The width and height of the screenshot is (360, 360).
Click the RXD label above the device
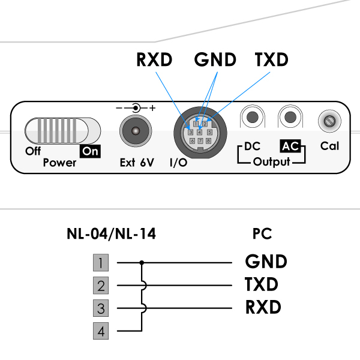(x=154, y=60)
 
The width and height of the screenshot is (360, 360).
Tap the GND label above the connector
(x=216, y=60)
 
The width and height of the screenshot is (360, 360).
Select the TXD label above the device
(x=271, y=60)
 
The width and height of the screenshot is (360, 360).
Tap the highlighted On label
(x=90, y=151)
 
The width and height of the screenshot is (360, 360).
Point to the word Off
(x=33, y=151)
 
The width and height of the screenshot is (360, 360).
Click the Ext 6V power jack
(x=136, y=131)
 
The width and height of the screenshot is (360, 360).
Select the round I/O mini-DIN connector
(x=199, y=132)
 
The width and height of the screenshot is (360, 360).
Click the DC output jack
(x=253, y=117)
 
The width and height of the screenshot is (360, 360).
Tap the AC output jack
(x=291, y=117)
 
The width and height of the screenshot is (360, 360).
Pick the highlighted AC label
(x=290, y=146)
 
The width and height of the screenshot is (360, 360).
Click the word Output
(x=271, y=162)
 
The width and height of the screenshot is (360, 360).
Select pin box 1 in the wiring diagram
(x=101, y=263)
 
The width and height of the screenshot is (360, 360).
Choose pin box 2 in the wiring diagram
(x=101, y=285)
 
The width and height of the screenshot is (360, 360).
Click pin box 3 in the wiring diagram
(x=101, y=308)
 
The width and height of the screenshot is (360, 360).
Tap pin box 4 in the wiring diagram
(x=101, y=331)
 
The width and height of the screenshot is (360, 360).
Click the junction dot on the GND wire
(x=142, y=263)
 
